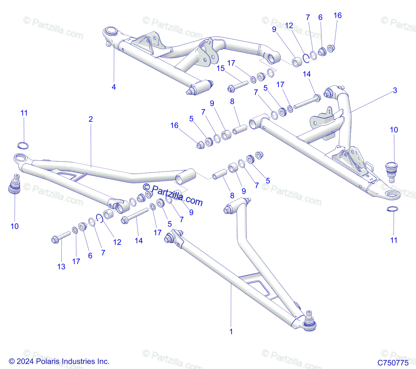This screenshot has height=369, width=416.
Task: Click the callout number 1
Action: click(231, 331)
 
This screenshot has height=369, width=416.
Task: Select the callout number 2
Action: click(91, 119)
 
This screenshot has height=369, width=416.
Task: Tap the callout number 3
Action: click(395, 90)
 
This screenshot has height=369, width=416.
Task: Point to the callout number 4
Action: click(114, 87)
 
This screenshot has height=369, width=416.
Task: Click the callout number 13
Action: click(61, 267)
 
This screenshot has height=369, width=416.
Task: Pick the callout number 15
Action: click(220, 69)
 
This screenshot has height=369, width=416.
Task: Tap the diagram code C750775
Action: click(393, 363)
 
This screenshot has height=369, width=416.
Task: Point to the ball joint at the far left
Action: click(15, 185)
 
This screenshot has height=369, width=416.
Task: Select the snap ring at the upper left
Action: click(24, 145)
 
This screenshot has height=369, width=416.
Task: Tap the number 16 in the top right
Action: click(337, 16)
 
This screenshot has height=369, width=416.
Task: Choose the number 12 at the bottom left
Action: click(117, 242)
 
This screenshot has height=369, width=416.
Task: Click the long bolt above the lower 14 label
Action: click(136, 215)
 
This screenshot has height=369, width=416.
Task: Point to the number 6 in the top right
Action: click(320, 17)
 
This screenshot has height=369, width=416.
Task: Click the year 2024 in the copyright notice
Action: click(25, 361)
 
